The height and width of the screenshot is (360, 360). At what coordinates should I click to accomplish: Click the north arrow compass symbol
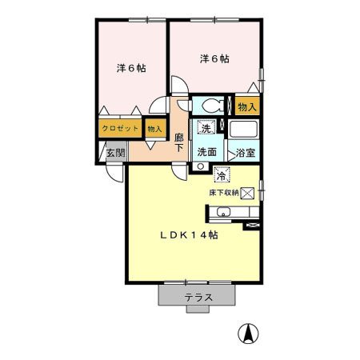click(x=248, y=334)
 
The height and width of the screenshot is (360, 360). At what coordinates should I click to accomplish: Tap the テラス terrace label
click(x=198, y=298)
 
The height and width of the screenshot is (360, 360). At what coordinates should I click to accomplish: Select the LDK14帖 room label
click(x=189, y=235)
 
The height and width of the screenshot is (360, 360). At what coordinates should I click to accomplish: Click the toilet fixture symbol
click(x=213, y=106)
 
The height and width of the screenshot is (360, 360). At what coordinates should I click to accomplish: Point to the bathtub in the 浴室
click(x=244, y=129)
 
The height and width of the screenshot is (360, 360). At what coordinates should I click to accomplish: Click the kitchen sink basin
click(x=223, y=212)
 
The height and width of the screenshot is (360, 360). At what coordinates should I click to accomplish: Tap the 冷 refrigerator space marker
click(x=222, y=174)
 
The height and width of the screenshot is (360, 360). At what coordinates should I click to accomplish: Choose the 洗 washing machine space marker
click(x=206, y=127)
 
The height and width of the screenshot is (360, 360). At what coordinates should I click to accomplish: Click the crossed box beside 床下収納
click(x=247, y=193)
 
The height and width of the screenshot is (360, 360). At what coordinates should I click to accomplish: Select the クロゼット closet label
click(x=120, y=129)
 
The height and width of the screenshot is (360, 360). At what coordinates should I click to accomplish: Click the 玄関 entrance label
click(x=115, y=153)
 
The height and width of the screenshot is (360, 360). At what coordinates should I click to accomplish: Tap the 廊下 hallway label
click(x=179, y=142)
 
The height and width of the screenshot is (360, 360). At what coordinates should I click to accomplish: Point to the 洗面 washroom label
click(x=206, y=152)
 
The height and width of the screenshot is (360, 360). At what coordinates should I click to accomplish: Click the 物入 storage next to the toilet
click(x=247, y=106)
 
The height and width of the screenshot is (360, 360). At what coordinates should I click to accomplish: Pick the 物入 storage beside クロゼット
click(x=155, y=129)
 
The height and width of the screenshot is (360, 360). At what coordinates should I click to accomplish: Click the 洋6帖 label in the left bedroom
click(x=131, y=68)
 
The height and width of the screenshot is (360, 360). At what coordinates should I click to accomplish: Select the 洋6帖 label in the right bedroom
click(x=214, y=58)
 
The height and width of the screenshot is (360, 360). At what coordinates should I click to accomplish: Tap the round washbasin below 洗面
click(x=201, y=166)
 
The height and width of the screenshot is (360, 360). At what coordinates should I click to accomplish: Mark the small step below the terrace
click(x=198, y=309)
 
